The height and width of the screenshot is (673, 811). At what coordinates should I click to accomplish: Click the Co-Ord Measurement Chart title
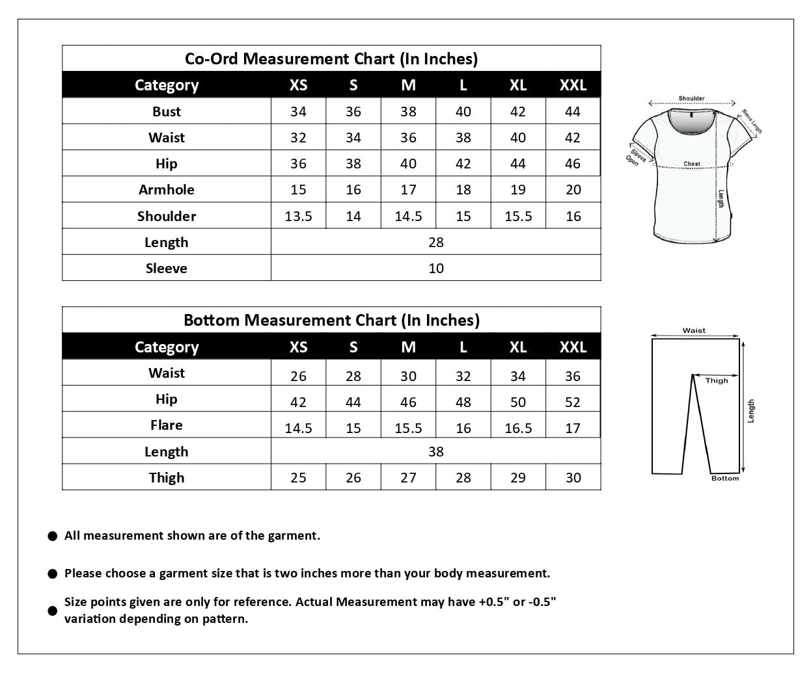pyautogui.click(x=331, y=59)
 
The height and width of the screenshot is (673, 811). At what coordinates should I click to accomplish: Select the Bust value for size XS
pyautogui.click(x=298, y=111)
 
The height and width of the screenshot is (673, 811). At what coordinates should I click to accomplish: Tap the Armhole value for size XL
pyautogui.click(x=517, y=189)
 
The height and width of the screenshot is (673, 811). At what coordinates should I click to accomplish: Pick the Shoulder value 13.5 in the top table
pyautogui.click(x=298, y=216)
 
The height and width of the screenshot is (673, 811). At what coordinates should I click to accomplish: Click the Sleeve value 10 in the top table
pyautogui.click(x=435, y=268)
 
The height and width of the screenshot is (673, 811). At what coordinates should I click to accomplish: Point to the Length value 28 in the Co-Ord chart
pyautogui.click(x=435, y=242)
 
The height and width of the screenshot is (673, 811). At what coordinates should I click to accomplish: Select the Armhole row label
pyautogui.click(x=166, y=189)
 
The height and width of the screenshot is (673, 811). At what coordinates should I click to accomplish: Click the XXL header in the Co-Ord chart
pyautogui.click(x=573, y=85)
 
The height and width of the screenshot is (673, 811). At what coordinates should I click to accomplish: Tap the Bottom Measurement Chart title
pyautogui.click(x=331, y=320)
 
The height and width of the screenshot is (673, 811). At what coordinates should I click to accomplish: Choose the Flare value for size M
pyautogui.click(x=408, y=428)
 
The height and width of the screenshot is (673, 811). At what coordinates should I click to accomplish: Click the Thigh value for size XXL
pyautogui.click(x=573, y=477)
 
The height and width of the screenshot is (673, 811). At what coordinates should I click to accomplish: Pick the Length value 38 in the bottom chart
pyautogui.click(x=435, y=451)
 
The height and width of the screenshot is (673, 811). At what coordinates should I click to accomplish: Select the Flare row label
pyautogui.click(x=166, y=425)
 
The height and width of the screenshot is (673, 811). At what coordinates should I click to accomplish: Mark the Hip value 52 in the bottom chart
pyautogui.click(x=573, y=402)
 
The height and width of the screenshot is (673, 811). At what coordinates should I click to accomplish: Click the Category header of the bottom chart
pyautogui.click(x=166, y=347)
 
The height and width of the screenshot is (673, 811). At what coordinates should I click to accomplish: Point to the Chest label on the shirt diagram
pyautogui.click(x=692, y=164)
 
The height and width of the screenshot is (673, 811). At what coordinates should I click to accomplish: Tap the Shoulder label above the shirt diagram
pyautogui.click(x=691, y=98)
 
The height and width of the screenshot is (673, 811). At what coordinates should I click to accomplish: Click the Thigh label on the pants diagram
pyautogui.click(x=717, y=380)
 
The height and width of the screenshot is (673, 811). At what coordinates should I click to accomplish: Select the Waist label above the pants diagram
pyautogui.click(x=694, y=330)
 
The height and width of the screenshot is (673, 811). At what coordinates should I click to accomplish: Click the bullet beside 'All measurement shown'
pyautogui.click(x=53, y=536)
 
